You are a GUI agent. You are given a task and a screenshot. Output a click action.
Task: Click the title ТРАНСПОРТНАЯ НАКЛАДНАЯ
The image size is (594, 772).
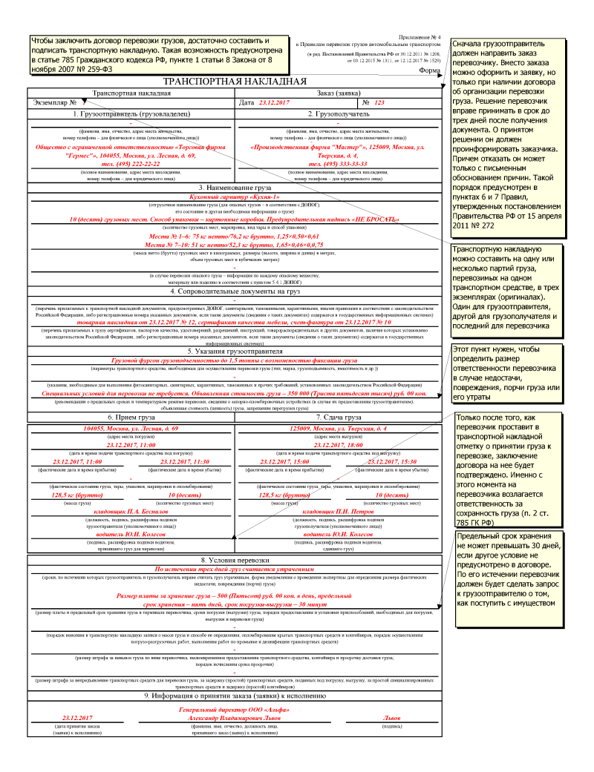[235, 82]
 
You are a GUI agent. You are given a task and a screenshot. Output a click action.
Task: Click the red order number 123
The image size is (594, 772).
[380, 102]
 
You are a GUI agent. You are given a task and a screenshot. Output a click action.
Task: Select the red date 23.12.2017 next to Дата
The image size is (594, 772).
[274, 102]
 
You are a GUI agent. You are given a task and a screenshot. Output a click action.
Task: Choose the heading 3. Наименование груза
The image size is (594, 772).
[235, 188]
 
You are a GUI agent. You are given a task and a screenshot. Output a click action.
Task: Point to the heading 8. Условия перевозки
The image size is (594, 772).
[235, 558]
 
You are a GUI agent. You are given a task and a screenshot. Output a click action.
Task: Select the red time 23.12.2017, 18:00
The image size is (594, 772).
[338, 444]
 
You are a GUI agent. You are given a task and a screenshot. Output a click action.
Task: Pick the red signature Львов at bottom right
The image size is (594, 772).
[391, 719]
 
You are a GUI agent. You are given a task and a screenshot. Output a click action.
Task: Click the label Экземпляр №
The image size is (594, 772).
[55, 102]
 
